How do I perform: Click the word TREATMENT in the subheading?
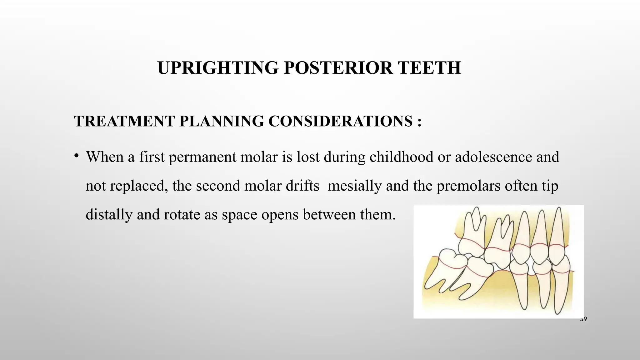(x=124, y=121)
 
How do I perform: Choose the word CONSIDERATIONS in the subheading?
(x=340, y=121)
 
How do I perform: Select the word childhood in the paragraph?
(x=401, y=157)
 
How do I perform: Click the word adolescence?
(x=493, y=157)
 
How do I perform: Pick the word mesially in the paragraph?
(x=354, y=186)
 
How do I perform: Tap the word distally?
(x=108, y=215)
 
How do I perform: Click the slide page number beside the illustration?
(x=583, y=319)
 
